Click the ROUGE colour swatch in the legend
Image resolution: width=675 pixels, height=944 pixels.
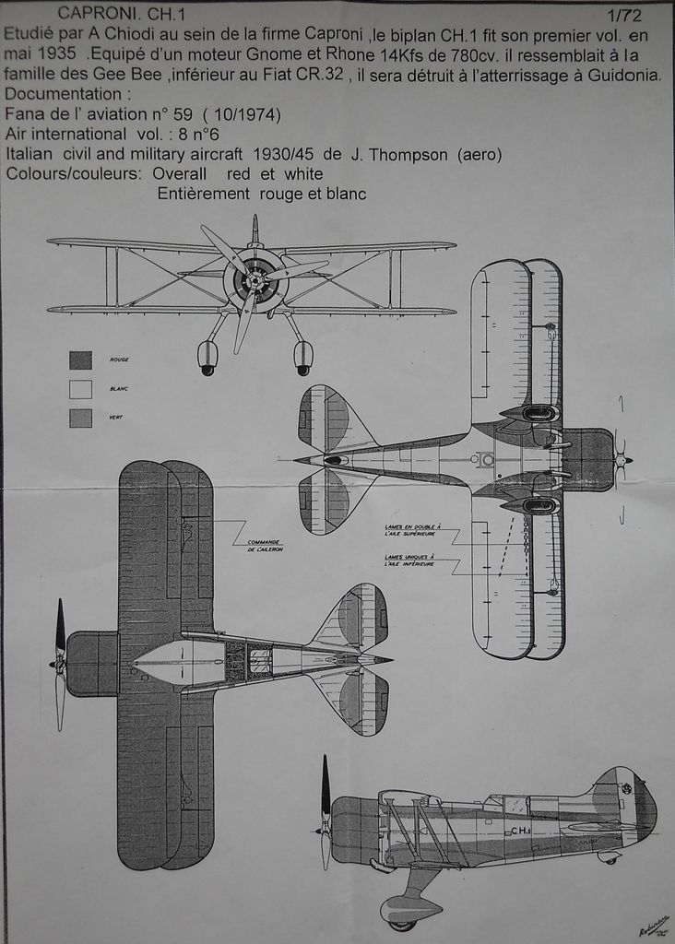click(x=80, y=360)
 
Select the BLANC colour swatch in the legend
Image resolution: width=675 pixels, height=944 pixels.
click(x=80, y=389)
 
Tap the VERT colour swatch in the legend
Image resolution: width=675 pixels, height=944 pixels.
click(x=80, y=418)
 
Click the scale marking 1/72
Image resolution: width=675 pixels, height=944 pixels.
click(x=624, y=15)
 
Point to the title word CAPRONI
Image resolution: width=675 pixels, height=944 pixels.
click(x=91, y=13)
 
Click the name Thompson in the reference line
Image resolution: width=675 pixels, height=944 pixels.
click(x=400, y=155)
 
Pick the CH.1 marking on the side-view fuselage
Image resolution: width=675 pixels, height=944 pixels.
click(x=519, y=831)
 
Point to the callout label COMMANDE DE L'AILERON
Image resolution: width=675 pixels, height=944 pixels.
click(x=264, y=546)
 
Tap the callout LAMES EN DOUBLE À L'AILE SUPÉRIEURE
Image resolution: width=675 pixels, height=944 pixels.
click(x=413, y=531)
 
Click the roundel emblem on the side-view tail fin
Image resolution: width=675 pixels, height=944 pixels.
click(x=627, y=788)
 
